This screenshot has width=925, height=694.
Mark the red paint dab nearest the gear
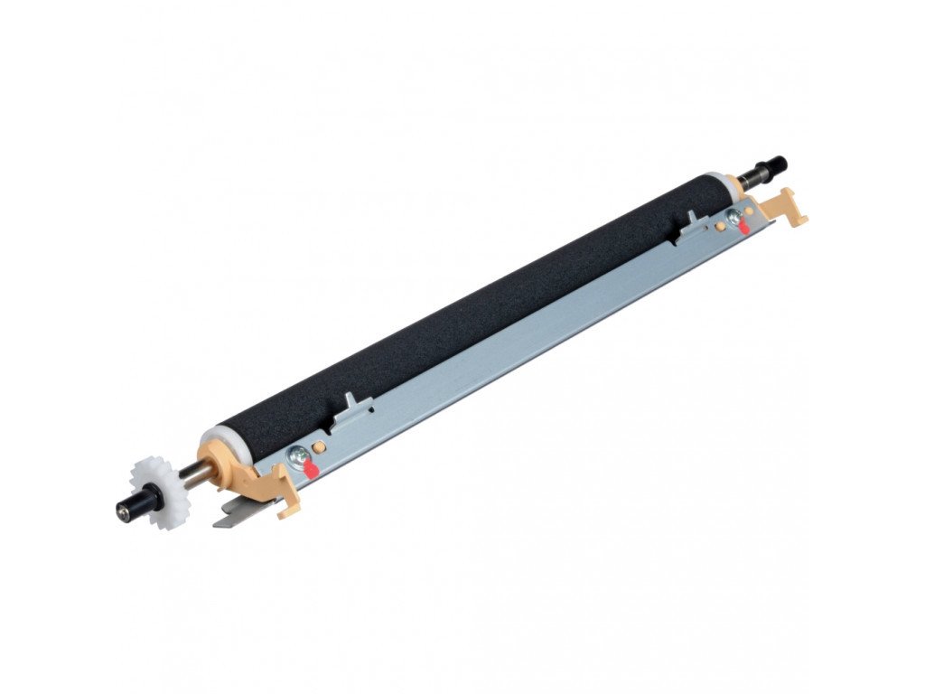click(311, 469)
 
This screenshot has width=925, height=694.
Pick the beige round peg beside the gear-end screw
click(318, 447)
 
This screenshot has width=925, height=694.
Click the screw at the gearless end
click(733, 217)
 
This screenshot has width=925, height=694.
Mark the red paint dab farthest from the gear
click(744, 228)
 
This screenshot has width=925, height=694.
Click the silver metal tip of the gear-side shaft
click(120, 513)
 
